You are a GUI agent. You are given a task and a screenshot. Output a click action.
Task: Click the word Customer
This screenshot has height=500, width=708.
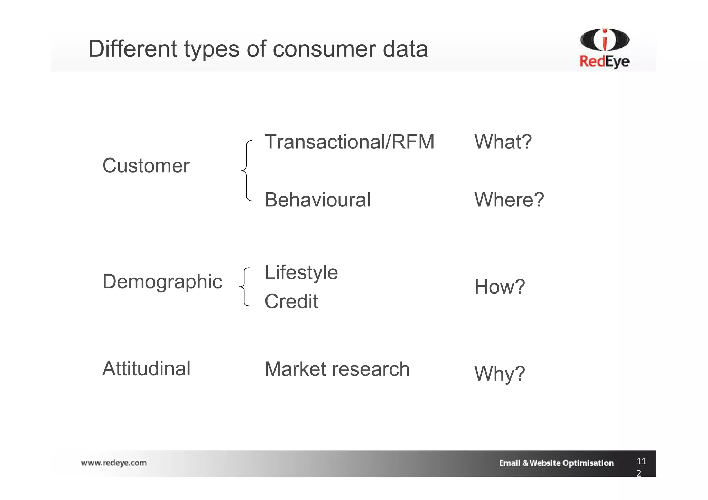click(x=146, y=166)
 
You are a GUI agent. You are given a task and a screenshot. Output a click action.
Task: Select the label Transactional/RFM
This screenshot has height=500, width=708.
click(x=349, y=142)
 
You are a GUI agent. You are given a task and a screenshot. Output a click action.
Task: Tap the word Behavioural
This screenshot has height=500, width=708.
click(x=317, y=200)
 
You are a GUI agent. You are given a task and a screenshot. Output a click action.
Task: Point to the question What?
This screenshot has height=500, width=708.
click(x=503, y=142)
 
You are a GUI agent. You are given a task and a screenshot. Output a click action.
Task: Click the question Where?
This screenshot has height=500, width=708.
click(x=509, y=200)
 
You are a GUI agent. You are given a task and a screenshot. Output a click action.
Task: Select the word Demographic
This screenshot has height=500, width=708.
click(x=162, y=282)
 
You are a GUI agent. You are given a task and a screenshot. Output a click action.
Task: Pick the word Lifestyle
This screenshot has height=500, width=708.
click(x=301, y=273)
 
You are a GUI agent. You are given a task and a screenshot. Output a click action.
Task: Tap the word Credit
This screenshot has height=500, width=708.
click(x=291, y=301)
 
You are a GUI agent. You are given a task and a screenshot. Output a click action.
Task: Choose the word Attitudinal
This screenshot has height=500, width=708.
click(x=146, y=368)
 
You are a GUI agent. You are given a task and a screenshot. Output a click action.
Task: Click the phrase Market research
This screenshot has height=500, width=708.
click(x=337, y=369)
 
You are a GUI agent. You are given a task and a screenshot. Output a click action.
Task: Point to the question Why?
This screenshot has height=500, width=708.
click(x=500, y=374)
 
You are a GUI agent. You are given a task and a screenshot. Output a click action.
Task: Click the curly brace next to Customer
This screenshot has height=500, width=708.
click(x=246, y=171)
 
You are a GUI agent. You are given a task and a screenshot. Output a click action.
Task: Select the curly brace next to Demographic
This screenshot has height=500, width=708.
click(x=244, y=287)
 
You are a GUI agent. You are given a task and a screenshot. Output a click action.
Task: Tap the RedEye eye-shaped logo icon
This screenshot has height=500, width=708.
click(x=604, y=40)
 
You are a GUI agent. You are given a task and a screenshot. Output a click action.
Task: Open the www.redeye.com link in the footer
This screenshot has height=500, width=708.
click(x=114, y=463)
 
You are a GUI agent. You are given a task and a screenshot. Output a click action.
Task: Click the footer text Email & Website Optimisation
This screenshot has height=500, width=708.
click(x=556, y=463)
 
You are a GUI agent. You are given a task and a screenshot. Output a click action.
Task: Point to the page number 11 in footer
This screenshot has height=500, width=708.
click(x=641, y=461)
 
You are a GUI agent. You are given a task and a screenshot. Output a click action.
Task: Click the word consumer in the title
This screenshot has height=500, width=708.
click(x=324, y=49)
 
